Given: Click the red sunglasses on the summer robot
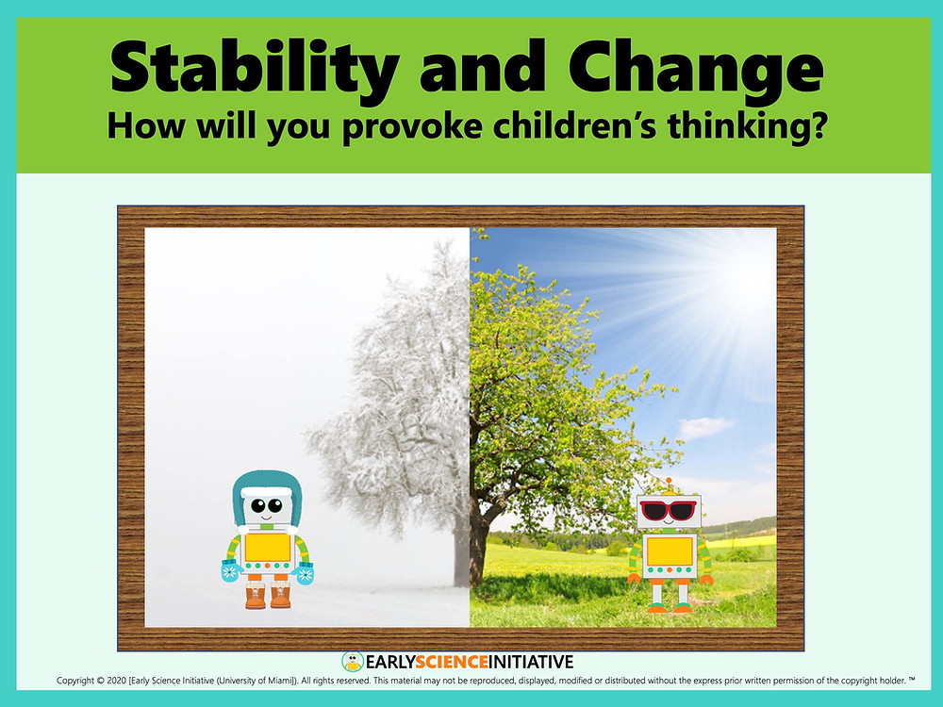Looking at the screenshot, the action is (668, 510).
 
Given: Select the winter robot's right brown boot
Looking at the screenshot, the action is (280, 595).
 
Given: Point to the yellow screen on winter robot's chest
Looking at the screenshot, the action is (268, 547).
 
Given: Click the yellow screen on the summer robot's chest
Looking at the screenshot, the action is (670, 551).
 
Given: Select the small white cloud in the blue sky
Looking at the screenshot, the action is (704, 427).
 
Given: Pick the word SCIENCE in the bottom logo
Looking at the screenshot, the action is (451, 663).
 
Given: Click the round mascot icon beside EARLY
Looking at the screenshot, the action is (353, 662).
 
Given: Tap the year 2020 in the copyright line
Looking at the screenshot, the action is (115, 682).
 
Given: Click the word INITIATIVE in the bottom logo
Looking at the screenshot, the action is (530, 663).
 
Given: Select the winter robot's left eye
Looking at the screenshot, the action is (258, 505).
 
